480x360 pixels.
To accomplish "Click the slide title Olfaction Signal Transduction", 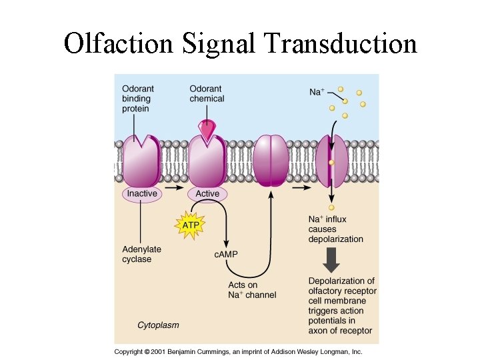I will click(240, 43).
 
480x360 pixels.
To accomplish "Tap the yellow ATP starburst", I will click(190, 225).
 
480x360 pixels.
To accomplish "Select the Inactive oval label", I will click(142, 193).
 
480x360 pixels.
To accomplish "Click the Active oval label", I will click(207, 193).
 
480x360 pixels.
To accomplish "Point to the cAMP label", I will click(226, 254).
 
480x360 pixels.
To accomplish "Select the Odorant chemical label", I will click(207, 94).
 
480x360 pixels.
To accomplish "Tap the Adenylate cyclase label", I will click(141, 254).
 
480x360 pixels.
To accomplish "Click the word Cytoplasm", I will click(158, 325).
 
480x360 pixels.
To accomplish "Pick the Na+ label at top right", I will click(317, 92).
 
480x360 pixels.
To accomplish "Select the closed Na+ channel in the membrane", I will click(271, 161).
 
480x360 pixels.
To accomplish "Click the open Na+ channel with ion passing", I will click(331, 161).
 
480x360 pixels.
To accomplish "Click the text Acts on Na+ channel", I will click(252, 290).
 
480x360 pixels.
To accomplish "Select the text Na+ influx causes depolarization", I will click(335, 229).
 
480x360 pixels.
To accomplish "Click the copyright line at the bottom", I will click(237, 351).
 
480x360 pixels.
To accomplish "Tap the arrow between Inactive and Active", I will click(174, 188).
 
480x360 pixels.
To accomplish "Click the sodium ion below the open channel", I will click(331, 207).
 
